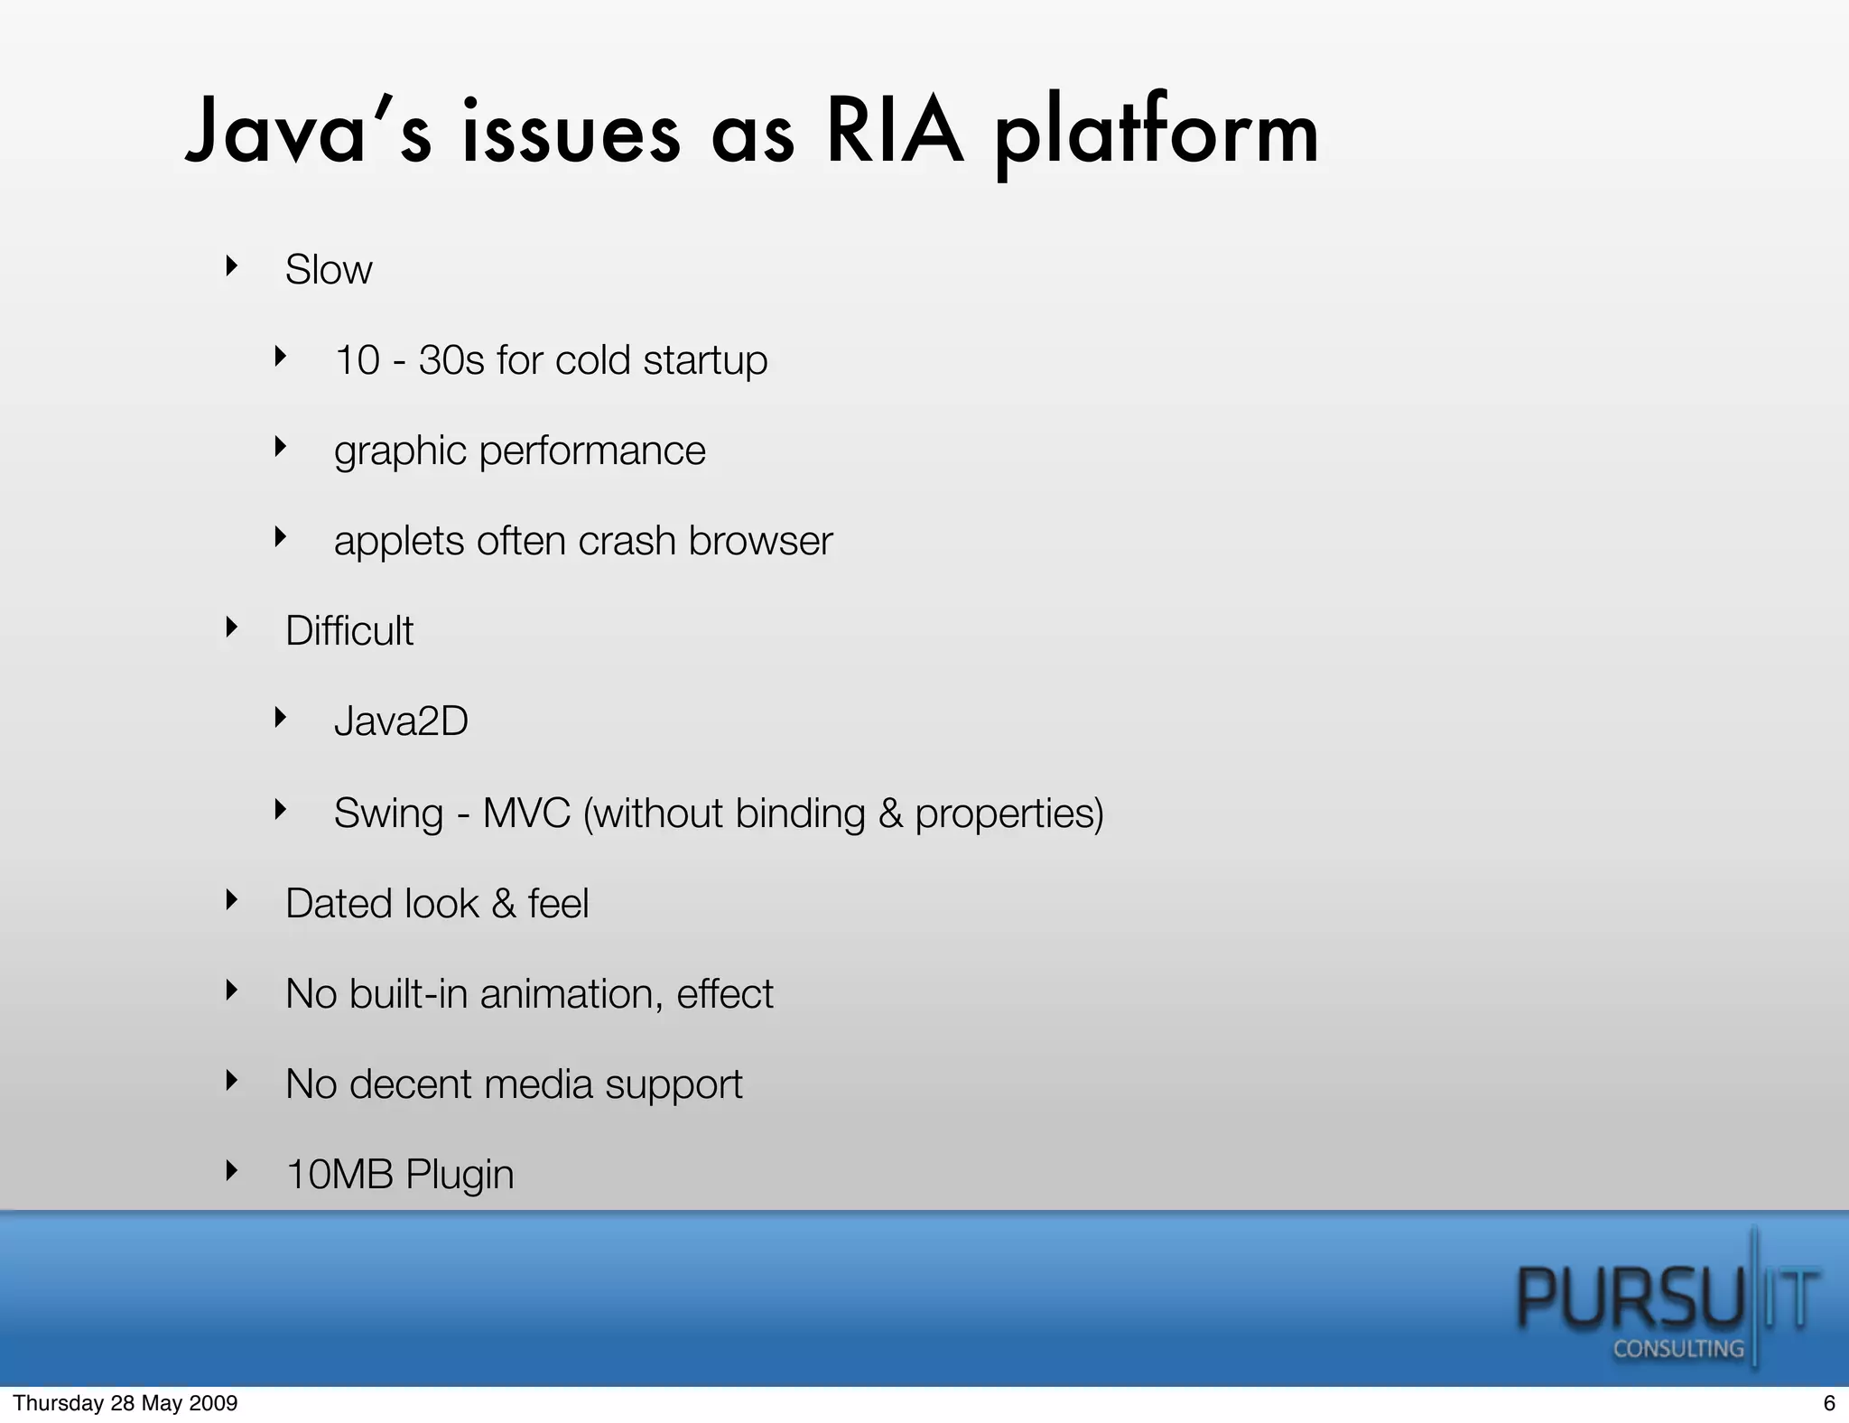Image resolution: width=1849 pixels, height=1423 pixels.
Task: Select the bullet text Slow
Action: pos(328,269)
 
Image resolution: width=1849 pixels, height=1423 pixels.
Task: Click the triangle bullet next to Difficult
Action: pos(232,627)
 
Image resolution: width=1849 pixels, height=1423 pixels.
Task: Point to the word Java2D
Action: pos(401,721)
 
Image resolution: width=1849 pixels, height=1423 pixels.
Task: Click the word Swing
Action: pos(388,813)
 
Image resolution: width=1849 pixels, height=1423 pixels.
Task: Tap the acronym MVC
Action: pos(526,813)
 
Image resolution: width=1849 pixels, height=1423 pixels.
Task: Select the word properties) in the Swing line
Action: pos(1009,814)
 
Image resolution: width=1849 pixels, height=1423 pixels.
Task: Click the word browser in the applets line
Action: pos(760,541)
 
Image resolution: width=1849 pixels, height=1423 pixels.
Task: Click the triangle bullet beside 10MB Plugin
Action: pos(232,1170)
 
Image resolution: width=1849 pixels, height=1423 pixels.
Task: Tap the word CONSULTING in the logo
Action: pos(1677,1349)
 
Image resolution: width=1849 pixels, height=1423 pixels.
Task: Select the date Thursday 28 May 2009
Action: pos(125,1403)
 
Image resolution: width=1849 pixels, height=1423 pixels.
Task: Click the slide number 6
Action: pos(1829,1403)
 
